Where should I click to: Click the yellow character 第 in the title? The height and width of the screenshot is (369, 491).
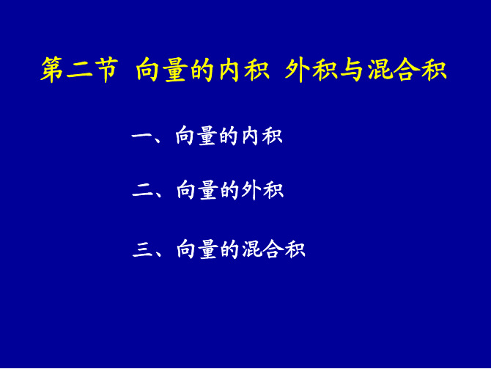[x=52, y=70]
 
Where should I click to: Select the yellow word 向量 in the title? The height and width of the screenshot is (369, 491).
[x=161, y=70]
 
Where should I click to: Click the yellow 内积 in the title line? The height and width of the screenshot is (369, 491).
[x=244, y=70]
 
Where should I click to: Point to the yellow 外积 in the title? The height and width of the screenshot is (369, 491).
[x=311, y=70]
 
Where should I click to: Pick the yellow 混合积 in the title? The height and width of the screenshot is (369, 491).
[x=407, y=70]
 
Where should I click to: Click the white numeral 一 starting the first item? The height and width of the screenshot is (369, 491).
[x=141, y=136]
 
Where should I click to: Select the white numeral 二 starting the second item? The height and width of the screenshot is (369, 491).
[x=142, y=191]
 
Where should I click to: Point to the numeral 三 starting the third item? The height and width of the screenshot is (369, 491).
[x=142, y=249]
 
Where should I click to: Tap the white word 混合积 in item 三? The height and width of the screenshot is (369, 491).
[x=273, y=249]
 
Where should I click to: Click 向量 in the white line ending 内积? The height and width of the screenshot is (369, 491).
[x=196, y=136]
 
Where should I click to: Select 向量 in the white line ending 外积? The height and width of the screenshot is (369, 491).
[x=197, y=190]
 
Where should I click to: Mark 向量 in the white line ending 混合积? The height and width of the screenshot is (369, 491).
[x=197, y=249]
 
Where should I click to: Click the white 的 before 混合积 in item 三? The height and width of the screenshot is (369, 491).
[x=229, y=249]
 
